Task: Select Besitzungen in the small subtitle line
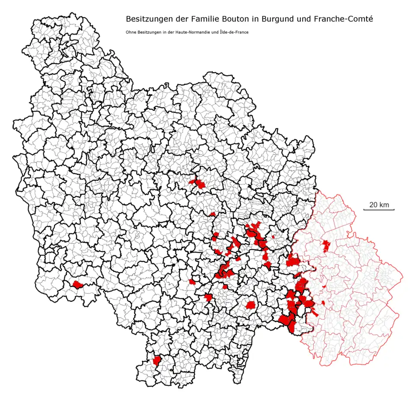point(147,32)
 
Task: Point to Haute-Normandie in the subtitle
point(186,32)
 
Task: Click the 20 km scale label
point(379,204)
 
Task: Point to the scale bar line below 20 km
point(379,210)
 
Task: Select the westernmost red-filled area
point(78,285)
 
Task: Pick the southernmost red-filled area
point(156,360)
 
